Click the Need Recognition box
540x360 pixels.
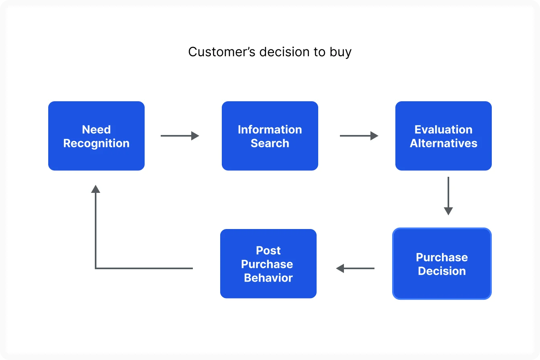coord(96,136)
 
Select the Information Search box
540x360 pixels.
coord(270,136)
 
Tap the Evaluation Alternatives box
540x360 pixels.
coord(444,136)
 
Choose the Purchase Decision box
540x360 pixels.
coord(442,264)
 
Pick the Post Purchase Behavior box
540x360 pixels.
coord(268,264)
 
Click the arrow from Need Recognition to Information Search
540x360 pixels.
coord(180,136)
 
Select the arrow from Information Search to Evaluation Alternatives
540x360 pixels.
coord(359,136)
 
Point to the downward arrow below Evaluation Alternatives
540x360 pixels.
coord(448,196)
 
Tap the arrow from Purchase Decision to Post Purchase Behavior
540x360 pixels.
coord(355,268)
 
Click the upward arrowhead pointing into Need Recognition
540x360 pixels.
coord(96,189)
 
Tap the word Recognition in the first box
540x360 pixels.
coord(96,143)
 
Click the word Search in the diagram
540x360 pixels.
coord(270,143)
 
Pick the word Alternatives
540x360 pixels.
coord(444,143)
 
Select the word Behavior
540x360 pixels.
coord(268,278)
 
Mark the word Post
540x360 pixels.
coord(268,251)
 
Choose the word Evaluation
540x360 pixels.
coord(444,130)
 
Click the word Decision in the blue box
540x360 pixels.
coord(442,271)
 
